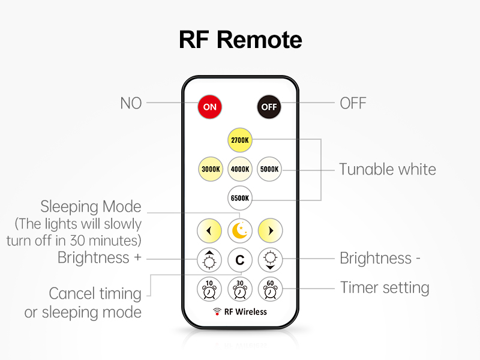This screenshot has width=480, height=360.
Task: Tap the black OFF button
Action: [x=269, y=107]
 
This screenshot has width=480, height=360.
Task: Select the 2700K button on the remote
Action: [x=240, y=140]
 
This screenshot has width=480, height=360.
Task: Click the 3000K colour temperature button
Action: [x=211, y=169]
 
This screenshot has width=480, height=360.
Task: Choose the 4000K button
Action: [x=240, y=169]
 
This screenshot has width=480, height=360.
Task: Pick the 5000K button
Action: [x=269, y=169]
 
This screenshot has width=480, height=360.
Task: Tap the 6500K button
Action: [x=240, y=197]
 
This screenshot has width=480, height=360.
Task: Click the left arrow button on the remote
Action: [x=209, y=230]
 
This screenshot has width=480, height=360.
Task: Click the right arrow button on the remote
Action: [x=270, y=230]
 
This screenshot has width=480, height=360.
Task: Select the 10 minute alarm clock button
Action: [x=209, y=289]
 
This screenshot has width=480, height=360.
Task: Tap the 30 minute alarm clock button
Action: [x=240, y=289]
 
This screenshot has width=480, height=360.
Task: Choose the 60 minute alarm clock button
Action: [x=270, y=289]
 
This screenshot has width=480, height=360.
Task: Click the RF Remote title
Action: [x=240, y=40]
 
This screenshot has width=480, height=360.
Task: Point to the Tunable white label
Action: [x=388, y=169]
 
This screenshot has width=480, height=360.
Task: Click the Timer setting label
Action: [x=385, y=287]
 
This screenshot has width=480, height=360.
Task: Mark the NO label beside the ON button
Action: [x=131, y=103]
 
